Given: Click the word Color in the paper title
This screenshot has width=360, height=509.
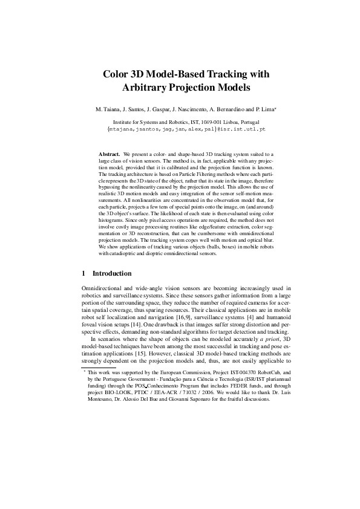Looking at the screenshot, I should (x=119, y=74).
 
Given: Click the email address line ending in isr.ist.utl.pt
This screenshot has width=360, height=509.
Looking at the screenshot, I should (x=186, y=129).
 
